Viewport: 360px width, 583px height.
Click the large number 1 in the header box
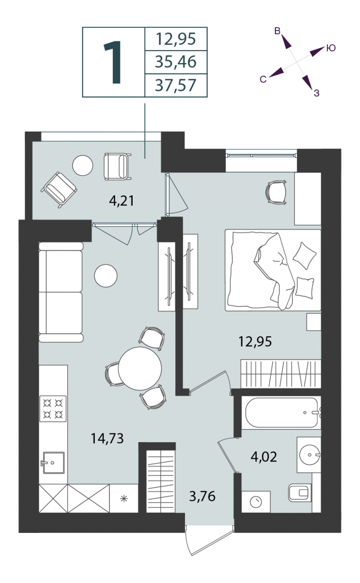pyautogui.click(x=113, y=63)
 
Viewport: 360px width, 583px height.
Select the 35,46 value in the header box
pyautogui.click(x=176, y=62)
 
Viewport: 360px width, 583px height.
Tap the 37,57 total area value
pyautogui.click(x=176, y=86)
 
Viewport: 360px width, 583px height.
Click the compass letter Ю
pyautogui.click(x=331, y=48)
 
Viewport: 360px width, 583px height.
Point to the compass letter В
pyautogui.click(x=277, y=31)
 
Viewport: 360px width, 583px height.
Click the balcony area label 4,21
pyautogui.click(x=121, y=201)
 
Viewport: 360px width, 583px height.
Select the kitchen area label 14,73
pyautogui.click(x=107, y=438)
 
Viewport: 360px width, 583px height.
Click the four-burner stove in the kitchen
pyautogui.click(x=53, y=409)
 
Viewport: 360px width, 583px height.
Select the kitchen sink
pyautogui.click(x=53, y=463)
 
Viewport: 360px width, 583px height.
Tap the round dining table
pyautogui.click(x=140, y=368)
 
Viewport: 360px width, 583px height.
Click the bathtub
pyautogui.click(x=282, y=412)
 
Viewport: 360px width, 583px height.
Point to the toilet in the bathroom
pyautogui.click(x=300, y=493)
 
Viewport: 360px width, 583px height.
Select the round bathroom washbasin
pyautogui.click(x=309, y=455)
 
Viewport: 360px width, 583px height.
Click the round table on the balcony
pyautogui.click(x=83, y=165)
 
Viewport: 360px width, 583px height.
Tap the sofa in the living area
pyautogui.click(x=61, y=292)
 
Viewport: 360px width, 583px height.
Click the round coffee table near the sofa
pyautogui.click(x=106, y=275)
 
